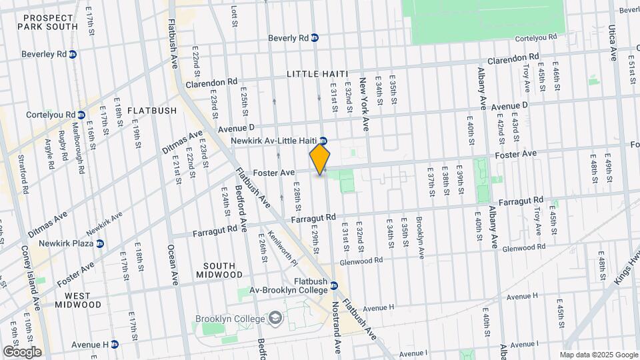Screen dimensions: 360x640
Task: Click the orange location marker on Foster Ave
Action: [x=320, y=160]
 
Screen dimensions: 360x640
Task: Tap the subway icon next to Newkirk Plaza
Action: [x=100, y=244]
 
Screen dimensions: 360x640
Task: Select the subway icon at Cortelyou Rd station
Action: [x=81, y=115]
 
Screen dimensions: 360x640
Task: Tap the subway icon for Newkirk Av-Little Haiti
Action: [x=323, y=141]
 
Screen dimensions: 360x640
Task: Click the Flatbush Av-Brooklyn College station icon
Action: [x=334, y=286]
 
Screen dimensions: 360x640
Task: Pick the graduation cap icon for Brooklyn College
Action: [x=275, y=319]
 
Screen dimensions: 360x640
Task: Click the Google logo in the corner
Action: [x=21, y=351]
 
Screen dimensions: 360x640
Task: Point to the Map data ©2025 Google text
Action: [x=599, y=355]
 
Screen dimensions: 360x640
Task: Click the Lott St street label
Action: [x=234, y=13]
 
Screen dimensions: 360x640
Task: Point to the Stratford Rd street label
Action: [x=25, y=175]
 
